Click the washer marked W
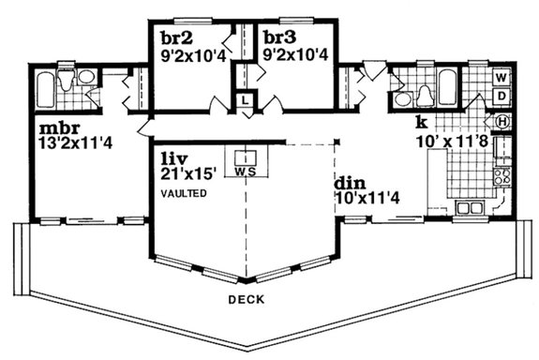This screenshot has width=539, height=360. click(x=502, y=76)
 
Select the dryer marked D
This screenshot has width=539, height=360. click(x=502, y=96)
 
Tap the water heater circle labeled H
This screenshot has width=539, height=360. click(x=502, y=121)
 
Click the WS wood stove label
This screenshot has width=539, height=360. click(x=247, y=172)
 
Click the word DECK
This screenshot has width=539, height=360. click(x=246, y=299)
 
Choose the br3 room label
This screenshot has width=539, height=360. click(x=279, y=38)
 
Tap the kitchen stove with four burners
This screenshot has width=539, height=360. click(x=502, y=175)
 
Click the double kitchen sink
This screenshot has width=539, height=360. click(x=466, y=207)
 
